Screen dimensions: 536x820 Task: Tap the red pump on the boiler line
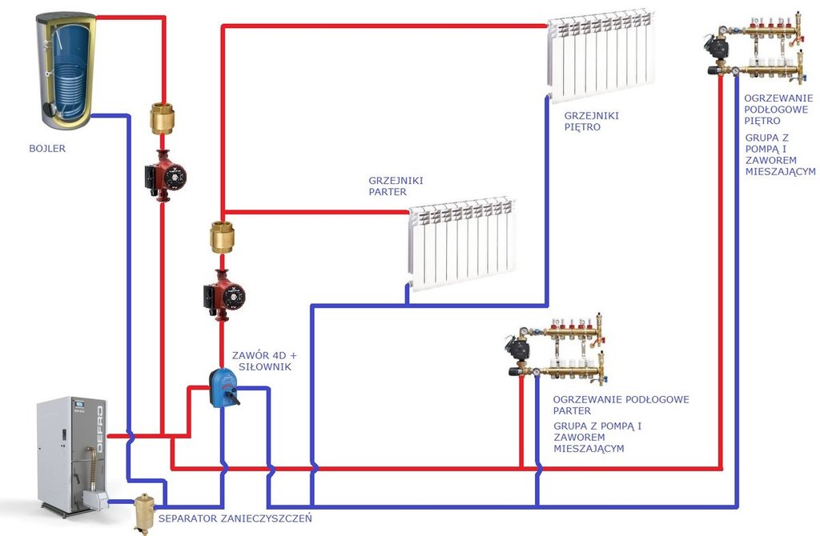[x=165, y=174]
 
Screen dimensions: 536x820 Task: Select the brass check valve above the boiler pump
[x=163, y=118]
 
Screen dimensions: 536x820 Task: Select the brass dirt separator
[x=145, y=513]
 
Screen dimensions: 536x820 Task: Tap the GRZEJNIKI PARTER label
[x=396, y=186]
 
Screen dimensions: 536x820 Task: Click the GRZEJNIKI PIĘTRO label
[x=591, y=121]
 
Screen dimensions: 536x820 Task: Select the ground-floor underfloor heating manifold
[x=557, y=347]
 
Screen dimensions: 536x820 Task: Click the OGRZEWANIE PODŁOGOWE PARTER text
[x=621, y=405]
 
